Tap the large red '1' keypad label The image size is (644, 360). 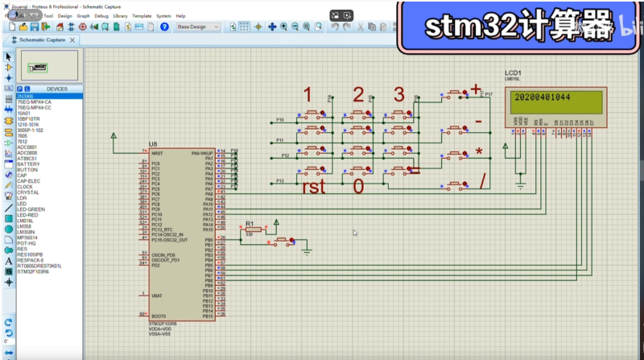(307, 94)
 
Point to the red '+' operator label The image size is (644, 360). (476, 89)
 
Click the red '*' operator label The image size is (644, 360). (479, 153)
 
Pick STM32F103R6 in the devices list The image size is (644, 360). (33, 271)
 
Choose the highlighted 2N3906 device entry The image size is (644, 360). (26, 96)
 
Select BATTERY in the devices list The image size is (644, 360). (28, 164)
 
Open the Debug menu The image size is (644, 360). (101, 15)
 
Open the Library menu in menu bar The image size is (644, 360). (121, 15)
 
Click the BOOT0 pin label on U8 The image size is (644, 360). (159, 315)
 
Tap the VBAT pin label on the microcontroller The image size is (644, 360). (157, 295)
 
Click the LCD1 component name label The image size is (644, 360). (514, 72)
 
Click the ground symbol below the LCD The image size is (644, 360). (524, 188)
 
